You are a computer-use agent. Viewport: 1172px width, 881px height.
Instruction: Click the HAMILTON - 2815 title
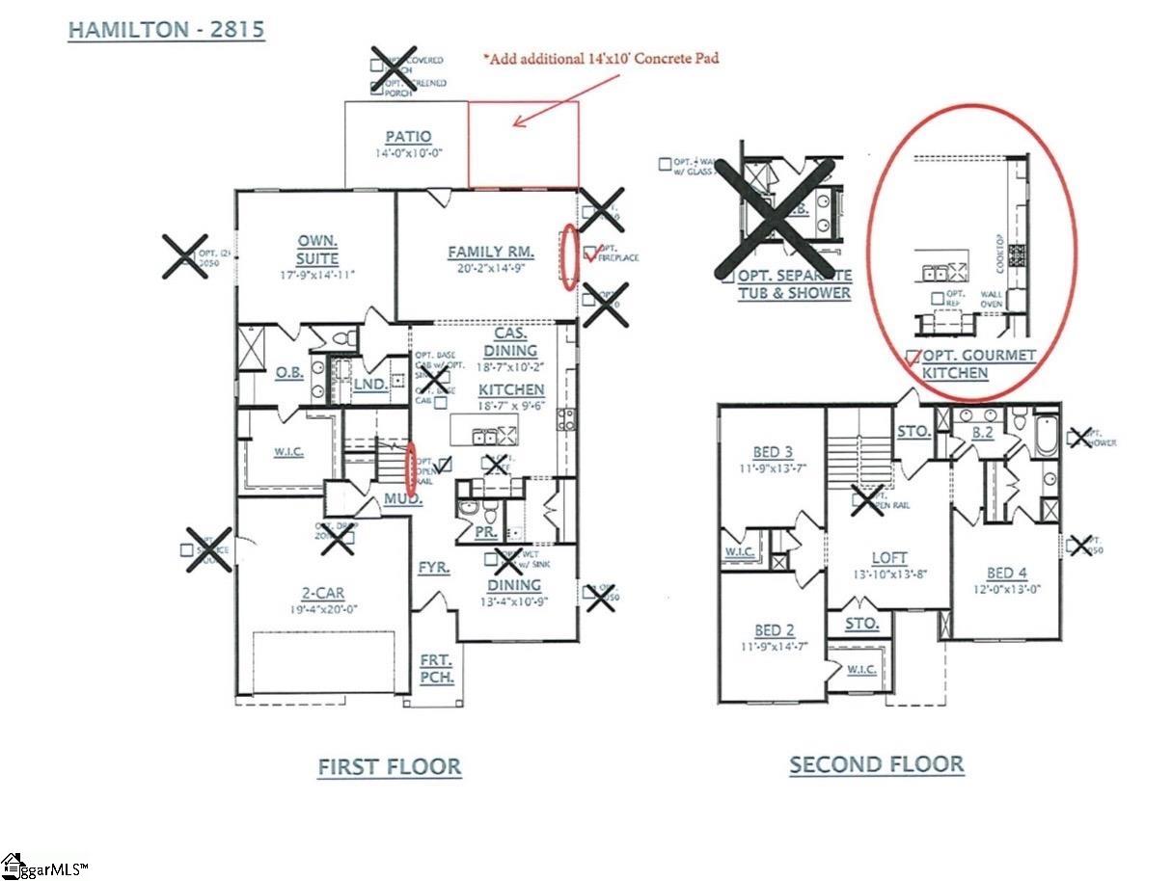(x=166, y=30)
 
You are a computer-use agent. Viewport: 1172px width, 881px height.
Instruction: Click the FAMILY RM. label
(x=491, y=253)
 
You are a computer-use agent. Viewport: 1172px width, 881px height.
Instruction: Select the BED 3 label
(x=773, y=452)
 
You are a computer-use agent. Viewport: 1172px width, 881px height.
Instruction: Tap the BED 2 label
(x=773, y=629)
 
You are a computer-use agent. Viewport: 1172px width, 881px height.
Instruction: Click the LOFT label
(x=889, y=557)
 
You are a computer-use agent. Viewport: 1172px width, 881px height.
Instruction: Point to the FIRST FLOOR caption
(x=389, y=767)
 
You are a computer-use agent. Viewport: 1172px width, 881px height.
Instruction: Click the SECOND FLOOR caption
(x=876, y=764)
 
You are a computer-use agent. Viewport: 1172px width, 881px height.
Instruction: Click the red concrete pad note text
(x=601, y=58)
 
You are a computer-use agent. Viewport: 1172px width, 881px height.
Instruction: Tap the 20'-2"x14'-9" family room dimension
(x=491, y=269)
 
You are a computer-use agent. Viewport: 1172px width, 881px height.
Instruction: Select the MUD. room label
(x=402, y=500)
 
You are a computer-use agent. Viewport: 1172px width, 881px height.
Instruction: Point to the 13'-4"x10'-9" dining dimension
(x=513, y=602)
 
